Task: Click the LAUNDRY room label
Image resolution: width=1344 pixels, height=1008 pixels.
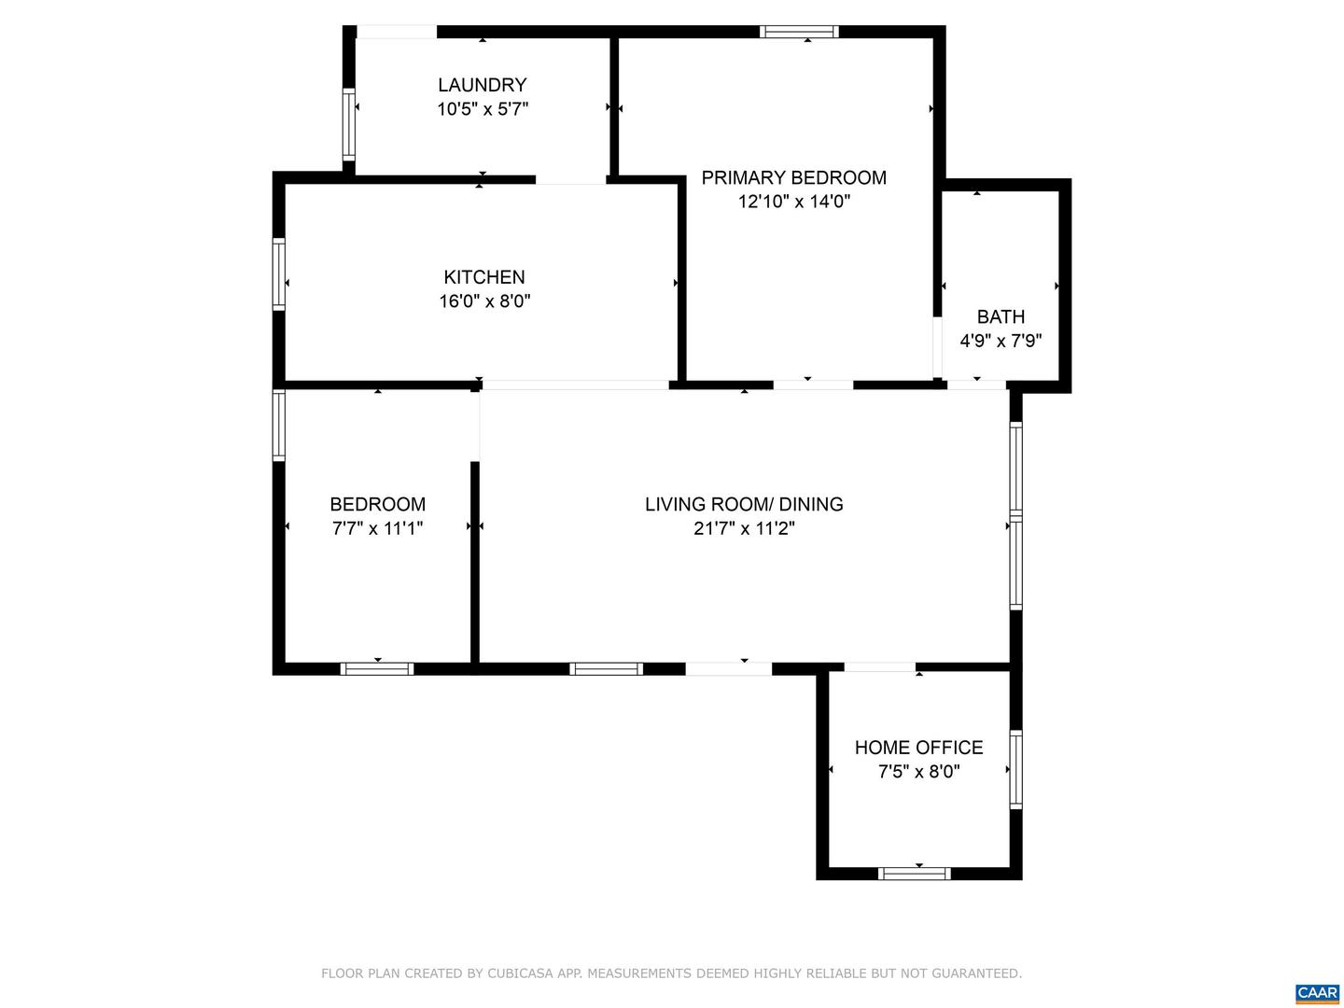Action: click(483, 85)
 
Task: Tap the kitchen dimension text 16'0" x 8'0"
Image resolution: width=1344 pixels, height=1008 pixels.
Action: click(484, 301)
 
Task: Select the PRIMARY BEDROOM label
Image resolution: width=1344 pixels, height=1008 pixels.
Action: click(793, 177)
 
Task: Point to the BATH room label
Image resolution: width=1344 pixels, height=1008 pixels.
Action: click(1001, 316)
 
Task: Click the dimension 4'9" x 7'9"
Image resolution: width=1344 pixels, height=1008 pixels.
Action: click(1001, 341)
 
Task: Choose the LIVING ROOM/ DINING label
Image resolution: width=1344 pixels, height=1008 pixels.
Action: click(744, 504)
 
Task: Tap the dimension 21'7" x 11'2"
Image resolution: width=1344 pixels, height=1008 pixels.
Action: click(744, 528)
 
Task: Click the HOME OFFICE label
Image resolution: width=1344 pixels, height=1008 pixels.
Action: click(918, 748)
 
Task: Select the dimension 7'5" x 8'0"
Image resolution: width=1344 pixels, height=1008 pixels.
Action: click(918, 772)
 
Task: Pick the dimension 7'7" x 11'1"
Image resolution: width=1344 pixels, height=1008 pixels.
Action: click(377, 528)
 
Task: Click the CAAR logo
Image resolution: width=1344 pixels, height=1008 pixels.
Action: click(1317, 993)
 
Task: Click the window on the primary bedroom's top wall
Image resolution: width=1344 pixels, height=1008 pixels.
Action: click(799, 32)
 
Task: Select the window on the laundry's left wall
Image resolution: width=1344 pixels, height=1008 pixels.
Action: click(349, 124)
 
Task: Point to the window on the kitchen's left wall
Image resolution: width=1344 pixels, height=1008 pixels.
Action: click(278, 274)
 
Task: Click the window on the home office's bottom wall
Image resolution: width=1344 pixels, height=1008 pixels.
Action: click(915, 874)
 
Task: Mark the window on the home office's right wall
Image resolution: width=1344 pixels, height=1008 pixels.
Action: click(1016, 769)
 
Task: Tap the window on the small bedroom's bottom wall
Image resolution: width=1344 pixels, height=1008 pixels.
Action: click(377, 668)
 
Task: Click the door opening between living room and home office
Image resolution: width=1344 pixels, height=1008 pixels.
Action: click(879, 667)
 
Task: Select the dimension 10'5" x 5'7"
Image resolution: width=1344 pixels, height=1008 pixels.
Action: click(483, 109)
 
